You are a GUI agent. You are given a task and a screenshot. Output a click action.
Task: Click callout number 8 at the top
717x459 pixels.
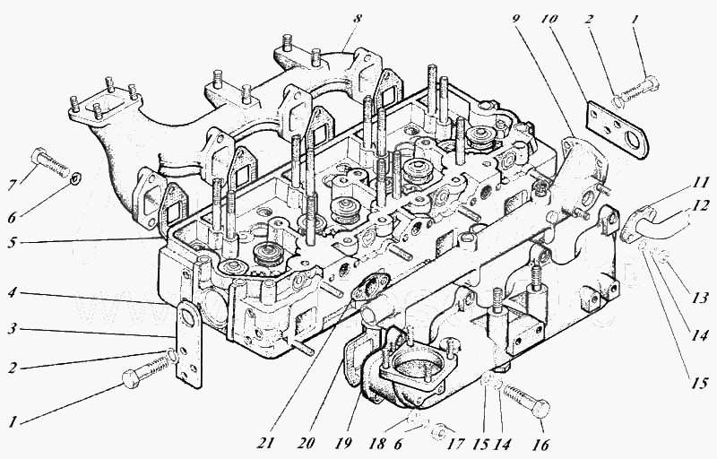coord(357,19)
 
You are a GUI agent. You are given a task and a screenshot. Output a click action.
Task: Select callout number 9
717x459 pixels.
coord(516,19)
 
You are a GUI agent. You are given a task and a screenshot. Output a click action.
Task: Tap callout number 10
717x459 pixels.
coord(549,19)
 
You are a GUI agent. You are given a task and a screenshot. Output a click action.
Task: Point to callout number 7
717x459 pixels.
coord(13,186)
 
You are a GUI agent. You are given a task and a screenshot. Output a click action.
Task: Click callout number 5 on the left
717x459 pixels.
coord(13,242)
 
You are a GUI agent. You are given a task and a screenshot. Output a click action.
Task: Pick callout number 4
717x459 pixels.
coord(13,291)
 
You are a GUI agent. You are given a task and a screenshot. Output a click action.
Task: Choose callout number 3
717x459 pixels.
coord(13,329)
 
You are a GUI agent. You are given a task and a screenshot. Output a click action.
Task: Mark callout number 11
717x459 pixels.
coord(700,183)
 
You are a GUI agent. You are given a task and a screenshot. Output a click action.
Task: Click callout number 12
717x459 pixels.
coord(700,205)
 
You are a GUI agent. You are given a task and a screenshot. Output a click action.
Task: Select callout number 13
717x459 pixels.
coord(700,299)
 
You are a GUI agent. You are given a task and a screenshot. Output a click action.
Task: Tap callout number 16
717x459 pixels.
coord(540,443)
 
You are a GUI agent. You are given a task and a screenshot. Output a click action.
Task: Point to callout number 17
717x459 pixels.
coord(456,443)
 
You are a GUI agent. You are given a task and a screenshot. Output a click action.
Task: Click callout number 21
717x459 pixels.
coord(266,443)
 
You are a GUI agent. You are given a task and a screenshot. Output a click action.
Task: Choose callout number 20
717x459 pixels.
coord(306,443)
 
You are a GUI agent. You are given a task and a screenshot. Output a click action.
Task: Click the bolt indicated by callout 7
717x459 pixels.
coord(50,163)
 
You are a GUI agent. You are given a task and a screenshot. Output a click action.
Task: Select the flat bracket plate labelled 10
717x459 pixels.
coord(617,130)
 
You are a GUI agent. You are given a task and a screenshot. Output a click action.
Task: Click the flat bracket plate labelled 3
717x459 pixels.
coord(189,343)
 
